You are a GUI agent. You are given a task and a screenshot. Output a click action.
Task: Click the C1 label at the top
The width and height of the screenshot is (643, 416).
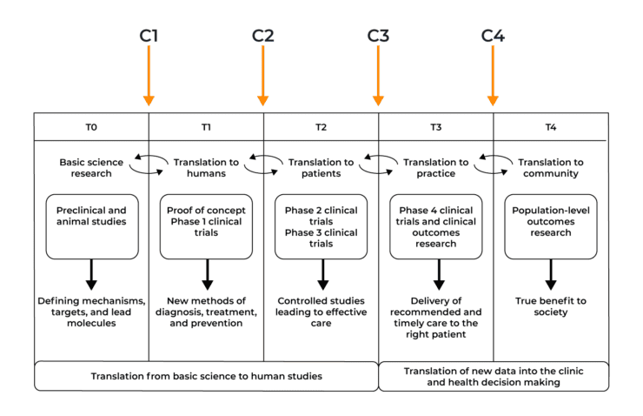tap(149, 36)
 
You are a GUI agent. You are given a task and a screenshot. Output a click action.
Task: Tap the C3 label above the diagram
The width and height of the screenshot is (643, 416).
tap(378, 36)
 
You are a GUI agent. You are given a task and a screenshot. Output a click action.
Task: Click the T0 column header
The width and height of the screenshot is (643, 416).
tap(91, 127)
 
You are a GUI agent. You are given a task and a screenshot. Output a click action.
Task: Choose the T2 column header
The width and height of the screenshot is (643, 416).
tap(321, 127)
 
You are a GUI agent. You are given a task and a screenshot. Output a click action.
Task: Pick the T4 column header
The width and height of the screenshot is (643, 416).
tap(550, 127)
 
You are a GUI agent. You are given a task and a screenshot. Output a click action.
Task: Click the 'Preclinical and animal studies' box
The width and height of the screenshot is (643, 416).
tap(91, 226)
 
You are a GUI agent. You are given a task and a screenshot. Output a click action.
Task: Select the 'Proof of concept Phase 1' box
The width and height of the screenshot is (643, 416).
tap(206, 226)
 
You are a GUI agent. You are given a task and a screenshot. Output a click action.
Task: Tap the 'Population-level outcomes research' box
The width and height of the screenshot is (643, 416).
tap(550, 226)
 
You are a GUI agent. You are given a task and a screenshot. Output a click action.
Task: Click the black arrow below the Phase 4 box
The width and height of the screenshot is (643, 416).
tap(438, 274)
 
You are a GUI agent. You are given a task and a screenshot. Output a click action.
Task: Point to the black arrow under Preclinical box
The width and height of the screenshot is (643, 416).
tap(91, 274)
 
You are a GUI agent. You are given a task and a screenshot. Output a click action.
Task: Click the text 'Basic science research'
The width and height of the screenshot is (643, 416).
tap(86, 167)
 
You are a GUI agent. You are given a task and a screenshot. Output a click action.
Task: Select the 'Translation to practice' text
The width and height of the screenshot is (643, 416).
tap(435, 167)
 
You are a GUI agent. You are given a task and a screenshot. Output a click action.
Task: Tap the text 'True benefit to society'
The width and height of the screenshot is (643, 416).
tap(550, 306)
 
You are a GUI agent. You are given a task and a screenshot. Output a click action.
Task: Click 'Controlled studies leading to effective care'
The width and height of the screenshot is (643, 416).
tap(321, 312)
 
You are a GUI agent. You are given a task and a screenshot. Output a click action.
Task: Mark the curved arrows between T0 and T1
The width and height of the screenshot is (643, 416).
tap(149, 161)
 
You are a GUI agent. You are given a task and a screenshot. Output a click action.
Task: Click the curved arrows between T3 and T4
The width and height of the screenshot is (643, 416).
tap(493, 161)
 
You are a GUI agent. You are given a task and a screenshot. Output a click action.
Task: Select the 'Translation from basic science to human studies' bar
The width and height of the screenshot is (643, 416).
tap(206, 376)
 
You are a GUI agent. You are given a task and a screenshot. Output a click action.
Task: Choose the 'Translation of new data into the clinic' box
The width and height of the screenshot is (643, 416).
tap(493, 376)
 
